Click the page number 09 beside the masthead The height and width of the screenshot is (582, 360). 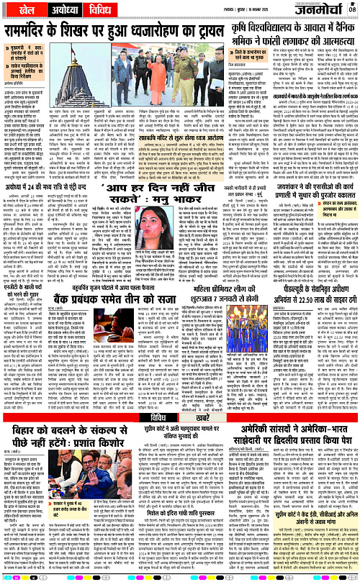pyautogui.click(x=353, y=8)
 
